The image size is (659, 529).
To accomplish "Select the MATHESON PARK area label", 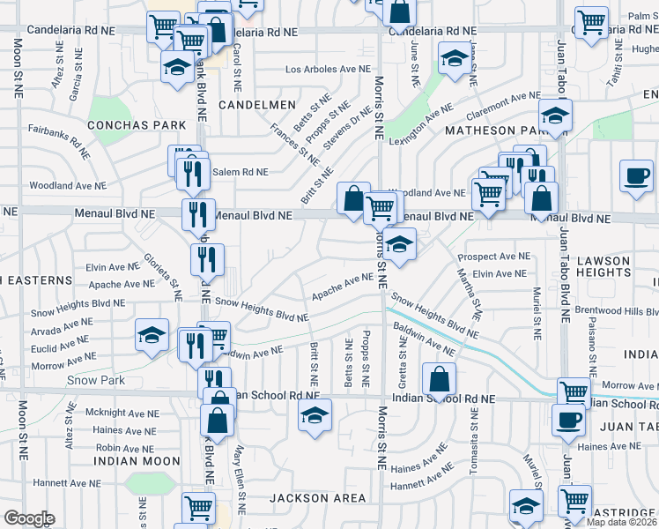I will click(x=496, y=130).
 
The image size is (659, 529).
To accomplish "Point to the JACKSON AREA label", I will click(x=318, y=498).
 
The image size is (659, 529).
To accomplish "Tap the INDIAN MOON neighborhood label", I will click(x=137, y=461).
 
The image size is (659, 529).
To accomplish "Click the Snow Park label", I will click(x=95, y=381).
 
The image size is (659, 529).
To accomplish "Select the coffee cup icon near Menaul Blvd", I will click(x=636, y=175).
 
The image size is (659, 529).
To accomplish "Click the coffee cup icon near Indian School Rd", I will click(x=569, y=419).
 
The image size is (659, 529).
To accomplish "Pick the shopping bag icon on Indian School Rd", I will click(x=439, y=379).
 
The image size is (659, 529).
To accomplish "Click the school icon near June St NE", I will click(x=455, y=60).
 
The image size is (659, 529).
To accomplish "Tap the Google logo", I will click(x=29, y=518).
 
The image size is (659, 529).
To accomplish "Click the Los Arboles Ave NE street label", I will click(x=326, y=69).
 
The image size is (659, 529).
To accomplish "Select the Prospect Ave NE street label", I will click(x=493, y=257).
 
